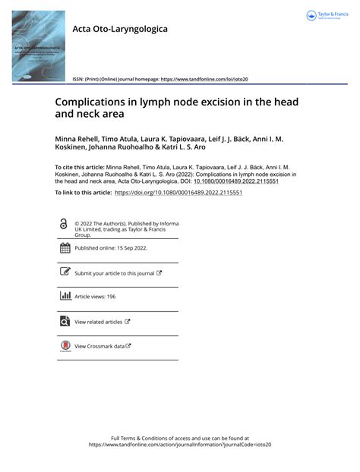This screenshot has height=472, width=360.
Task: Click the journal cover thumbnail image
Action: (39, 47)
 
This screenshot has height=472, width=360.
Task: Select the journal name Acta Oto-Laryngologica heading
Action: (120, 29)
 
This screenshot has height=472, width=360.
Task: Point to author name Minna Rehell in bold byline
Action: (77, 141)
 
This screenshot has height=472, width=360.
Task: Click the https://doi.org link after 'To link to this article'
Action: (178, 194)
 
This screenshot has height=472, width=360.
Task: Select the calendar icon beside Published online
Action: (65, 248)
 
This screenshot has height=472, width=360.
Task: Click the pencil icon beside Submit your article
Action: (65, 272)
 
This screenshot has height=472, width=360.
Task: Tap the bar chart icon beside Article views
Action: (65, 296)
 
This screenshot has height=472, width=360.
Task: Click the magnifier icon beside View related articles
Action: (65, 321)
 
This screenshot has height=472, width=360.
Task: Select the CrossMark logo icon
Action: (65, 346)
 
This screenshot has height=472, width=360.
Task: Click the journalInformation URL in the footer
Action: (179, 445)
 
